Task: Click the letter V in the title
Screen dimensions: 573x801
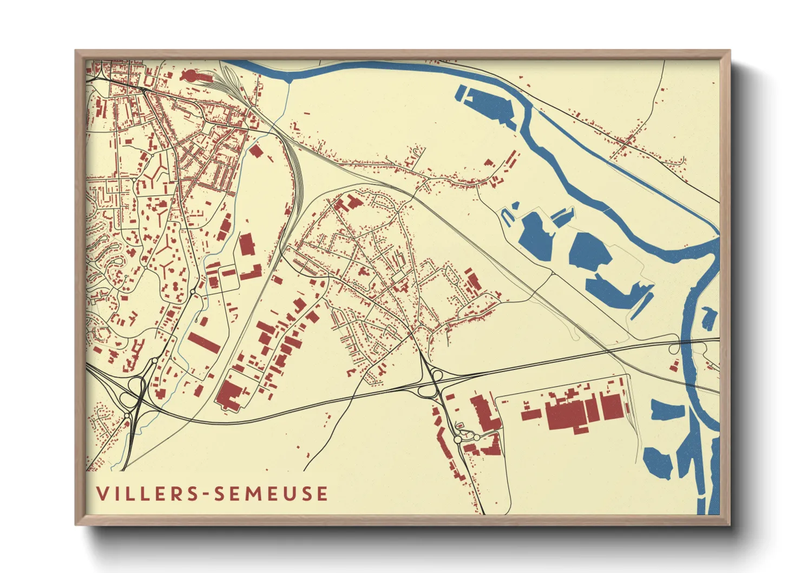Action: pyautogui.click(x=102, y=493)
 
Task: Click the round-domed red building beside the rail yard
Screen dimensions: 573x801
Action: pyautogui.click(x=190, y=76)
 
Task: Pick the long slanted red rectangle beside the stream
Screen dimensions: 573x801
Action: pyautogui.click(x=203, y=342)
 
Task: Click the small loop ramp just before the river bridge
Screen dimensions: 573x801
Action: pyautogui.click(x=673, y=349)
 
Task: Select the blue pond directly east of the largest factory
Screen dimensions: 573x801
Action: pyautogui.click(x=667, y=411)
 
